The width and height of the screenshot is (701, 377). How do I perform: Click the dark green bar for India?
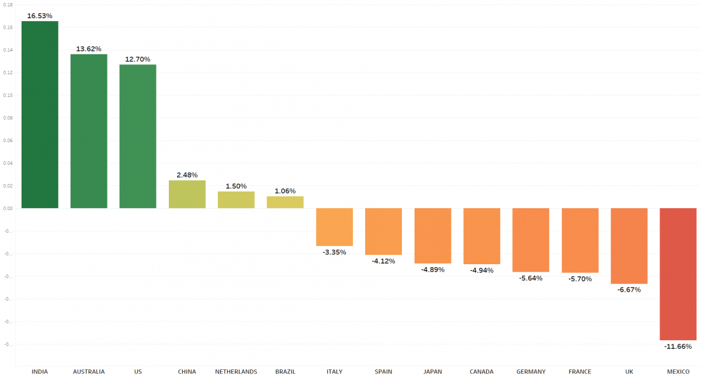(x=40, y=115)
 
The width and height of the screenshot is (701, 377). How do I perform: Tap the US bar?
(x=138, y=136)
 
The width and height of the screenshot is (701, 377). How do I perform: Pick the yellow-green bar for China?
(x=187, y=194)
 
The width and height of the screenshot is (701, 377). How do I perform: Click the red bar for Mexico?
(x=678, y=274)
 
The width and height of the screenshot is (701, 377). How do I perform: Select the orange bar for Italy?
(x=334, y=227)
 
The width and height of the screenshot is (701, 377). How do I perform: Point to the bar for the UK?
(x=629, y=245)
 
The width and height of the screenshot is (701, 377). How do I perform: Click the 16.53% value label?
(x=40, y=16)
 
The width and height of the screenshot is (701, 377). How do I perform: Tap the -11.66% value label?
(x=678, y=347)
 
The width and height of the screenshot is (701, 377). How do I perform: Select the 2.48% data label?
(x=187, y=175)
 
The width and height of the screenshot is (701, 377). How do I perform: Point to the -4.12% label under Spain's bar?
(x=383, y=261)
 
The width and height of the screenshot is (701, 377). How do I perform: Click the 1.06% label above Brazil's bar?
(x=285, y=191)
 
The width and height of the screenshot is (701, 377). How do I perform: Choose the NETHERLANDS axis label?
(x=236, y=372)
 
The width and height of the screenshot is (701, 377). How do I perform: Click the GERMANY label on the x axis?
(x=530, y=372)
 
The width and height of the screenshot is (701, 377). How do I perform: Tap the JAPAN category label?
(x=432, y=372)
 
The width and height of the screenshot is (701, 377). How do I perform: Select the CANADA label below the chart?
(x=481, y=372)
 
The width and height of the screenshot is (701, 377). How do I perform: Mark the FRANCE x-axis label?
(x=579, y=372)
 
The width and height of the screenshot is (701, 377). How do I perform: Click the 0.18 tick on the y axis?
(x=8, y=5)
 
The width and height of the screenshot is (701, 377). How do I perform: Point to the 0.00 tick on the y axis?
(x=8, y=209)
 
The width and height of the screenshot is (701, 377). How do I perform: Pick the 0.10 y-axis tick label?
(x=8, y=95)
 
